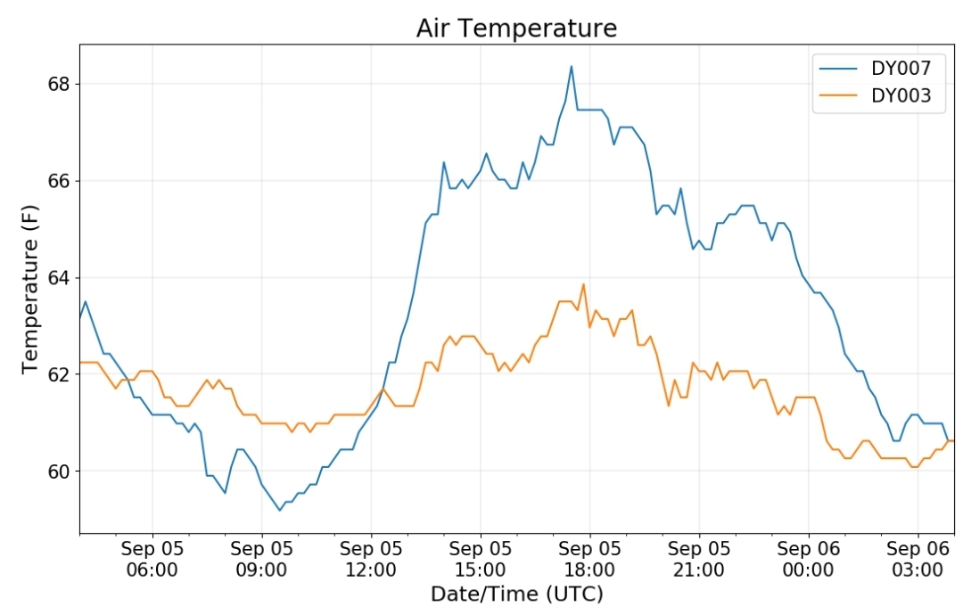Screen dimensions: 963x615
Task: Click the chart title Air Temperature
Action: (516, 29)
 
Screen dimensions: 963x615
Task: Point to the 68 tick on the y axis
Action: (58, 84)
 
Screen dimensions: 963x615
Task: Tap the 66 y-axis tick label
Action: (58, 181)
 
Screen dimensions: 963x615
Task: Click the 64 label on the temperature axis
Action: (58, 278)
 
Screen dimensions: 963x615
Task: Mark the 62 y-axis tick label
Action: (58, 374)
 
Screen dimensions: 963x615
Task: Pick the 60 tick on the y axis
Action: (58, 471)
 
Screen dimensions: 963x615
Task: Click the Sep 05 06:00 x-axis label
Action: (152, 559)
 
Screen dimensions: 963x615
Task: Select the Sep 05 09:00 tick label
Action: (261, 559)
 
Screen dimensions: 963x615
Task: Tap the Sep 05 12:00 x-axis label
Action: (371, 559)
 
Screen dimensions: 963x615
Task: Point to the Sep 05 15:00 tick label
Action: (481, 559)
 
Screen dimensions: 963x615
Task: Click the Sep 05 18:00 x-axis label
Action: (589, 559)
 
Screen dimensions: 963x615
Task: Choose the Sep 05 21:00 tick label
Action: (699, 559)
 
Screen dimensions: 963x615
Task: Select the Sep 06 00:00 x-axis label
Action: (808, 559)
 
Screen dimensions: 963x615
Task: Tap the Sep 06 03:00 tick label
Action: (918, 559)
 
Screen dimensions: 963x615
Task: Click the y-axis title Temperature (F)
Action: (30, 289)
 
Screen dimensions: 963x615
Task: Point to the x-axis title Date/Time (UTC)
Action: (517, 594)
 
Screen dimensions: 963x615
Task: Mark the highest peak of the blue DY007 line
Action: (572, 66)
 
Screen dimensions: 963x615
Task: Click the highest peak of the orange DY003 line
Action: (583, 284)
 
